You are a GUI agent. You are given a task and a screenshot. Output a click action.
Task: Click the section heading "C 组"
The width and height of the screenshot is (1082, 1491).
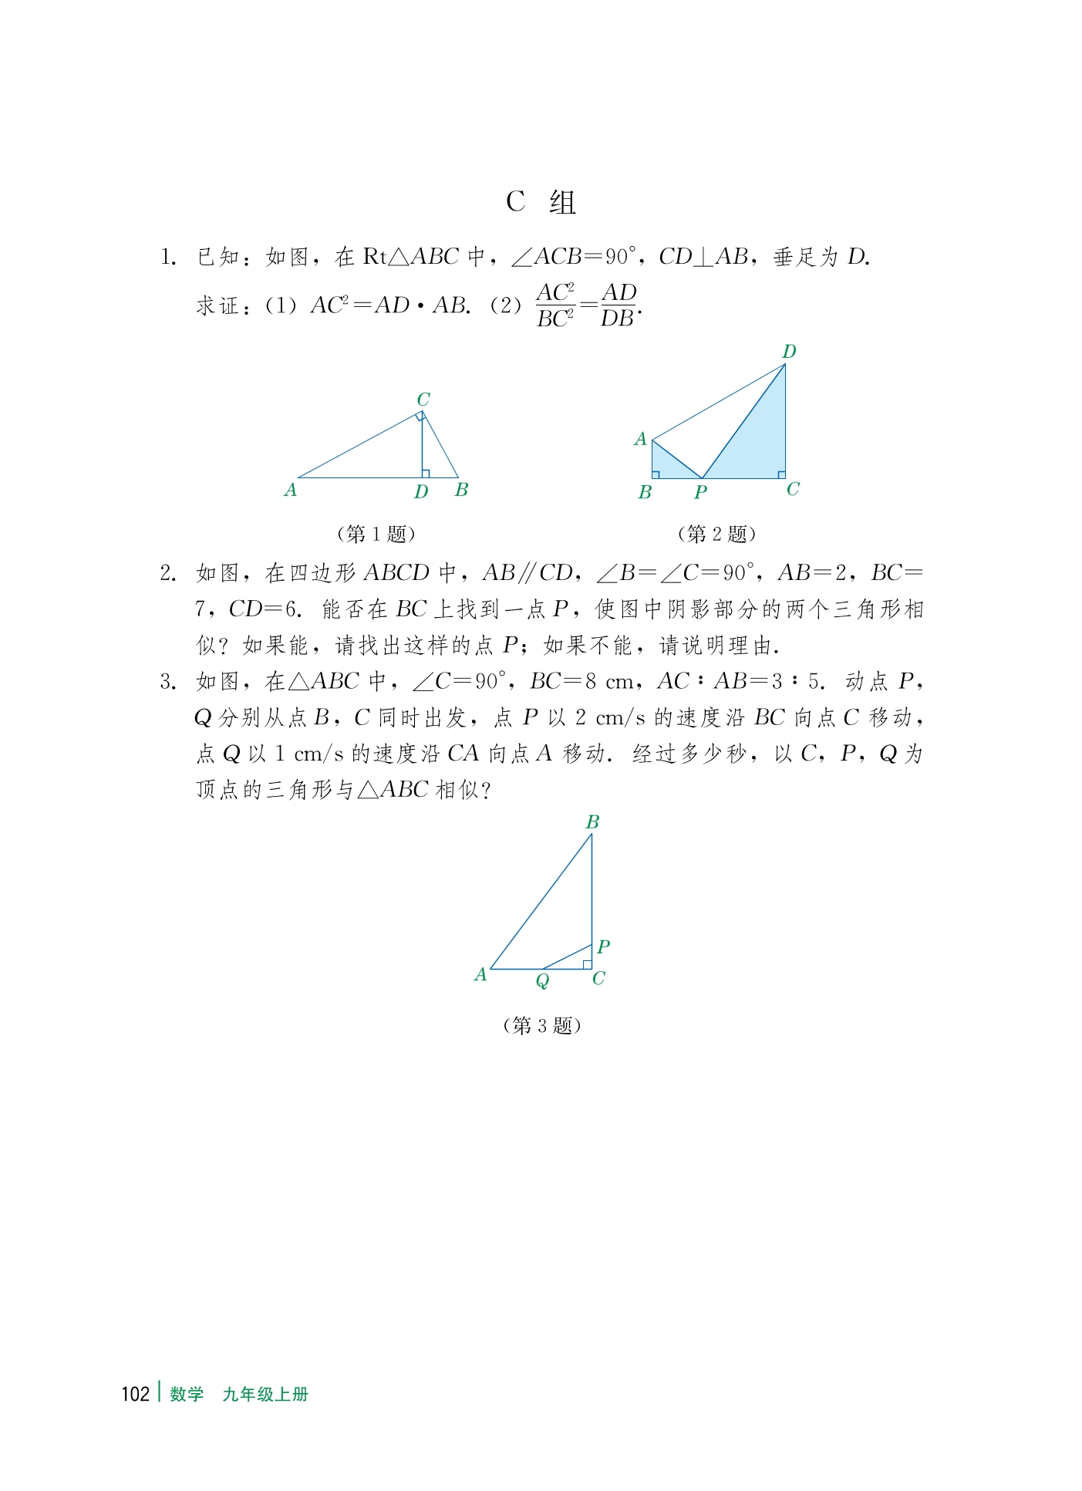click(541, 202)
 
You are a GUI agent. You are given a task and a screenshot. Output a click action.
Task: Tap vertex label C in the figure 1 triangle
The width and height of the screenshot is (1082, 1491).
click(423, 400)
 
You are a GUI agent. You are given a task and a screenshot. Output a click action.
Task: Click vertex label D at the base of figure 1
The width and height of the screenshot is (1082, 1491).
click(420, 492)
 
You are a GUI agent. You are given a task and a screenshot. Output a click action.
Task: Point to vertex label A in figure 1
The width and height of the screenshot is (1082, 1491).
click(290, 490)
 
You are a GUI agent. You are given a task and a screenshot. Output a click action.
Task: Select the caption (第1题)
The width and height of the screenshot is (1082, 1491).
click(376, 534)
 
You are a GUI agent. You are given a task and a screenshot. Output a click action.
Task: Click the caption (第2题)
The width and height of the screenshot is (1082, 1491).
click(716, 534)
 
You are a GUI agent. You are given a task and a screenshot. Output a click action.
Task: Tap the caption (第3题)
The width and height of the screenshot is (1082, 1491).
click(541, 1025)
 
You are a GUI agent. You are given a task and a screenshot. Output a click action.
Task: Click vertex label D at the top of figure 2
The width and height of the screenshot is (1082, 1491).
click(789, 352)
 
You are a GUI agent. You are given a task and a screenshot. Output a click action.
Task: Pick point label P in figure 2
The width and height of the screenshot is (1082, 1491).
click(700, 492)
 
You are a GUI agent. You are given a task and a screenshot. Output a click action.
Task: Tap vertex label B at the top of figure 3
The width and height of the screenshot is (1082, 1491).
click(592, 822)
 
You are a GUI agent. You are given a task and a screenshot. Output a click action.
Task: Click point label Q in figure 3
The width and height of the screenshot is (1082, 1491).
click(542, 980)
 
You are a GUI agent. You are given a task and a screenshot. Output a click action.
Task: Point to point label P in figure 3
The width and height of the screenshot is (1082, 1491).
click(603, 946)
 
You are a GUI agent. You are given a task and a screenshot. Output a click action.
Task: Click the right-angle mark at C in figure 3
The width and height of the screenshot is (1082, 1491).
click(587, 964)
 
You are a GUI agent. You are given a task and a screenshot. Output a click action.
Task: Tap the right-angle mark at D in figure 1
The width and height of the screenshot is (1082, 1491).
click(426, 473)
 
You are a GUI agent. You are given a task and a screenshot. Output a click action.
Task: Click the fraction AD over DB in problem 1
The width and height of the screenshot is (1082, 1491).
click(619, 305)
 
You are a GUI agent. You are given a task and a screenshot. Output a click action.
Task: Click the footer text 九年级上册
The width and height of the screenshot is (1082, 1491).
click(265, 1394)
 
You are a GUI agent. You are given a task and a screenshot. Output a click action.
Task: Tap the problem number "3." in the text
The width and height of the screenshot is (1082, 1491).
click(168, 682)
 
